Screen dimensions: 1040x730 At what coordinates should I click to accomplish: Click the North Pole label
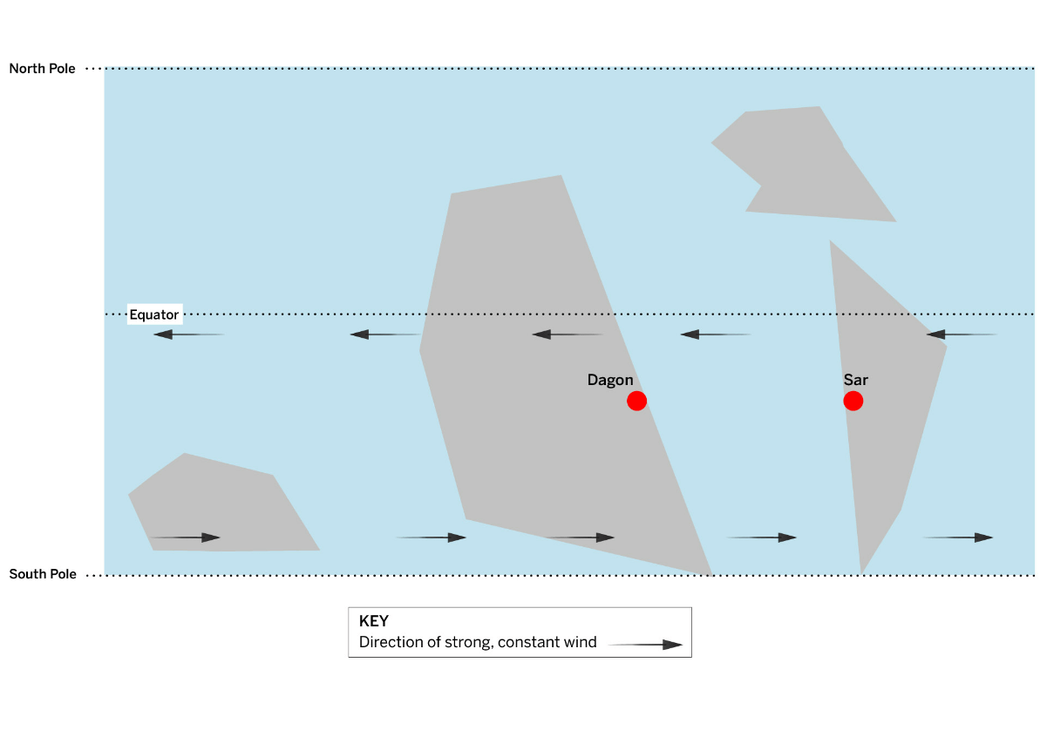(x=43, y=68)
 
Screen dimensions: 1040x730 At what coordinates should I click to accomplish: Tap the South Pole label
(x=43, y=574)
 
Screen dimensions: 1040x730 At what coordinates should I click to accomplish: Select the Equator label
(x=154, y=315)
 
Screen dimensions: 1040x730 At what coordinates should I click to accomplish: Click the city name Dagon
(x=610, y=380)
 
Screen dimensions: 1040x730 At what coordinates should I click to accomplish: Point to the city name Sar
(x=855, y=380)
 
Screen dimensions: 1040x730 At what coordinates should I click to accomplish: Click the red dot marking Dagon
(x=636, y=401)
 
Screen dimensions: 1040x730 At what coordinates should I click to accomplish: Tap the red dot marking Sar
(x=853, y=401)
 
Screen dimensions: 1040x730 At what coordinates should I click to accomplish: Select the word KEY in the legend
(x=373, y=621)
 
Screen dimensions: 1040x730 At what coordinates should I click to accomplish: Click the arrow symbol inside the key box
(x=645, y=645)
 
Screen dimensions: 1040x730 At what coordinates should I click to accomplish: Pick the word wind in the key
(x=581, y=642)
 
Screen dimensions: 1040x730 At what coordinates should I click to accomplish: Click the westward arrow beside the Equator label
(x=189, y=335)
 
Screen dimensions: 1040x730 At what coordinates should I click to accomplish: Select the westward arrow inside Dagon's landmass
(x=568, y=335)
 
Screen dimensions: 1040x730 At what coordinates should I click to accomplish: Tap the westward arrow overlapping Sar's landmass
(x=962, y=335)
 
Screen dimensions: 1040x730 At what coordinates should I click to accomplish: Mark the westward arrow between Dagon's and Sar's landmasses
(x=717, y=335)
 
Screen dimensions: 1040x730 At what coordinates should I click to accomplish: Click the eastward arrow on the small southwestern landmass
(x=185, y=537)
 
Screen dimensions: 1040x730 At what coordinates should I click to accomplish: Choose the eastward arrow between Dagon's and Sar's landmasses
(x=761, y=537)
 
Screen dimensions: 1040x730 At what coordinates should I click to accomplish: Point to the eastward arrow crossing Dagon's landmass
(x=580, y=537)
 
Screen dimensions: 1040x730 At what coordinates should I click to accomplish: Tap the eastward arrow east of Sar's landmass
(x=958, y=537)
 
